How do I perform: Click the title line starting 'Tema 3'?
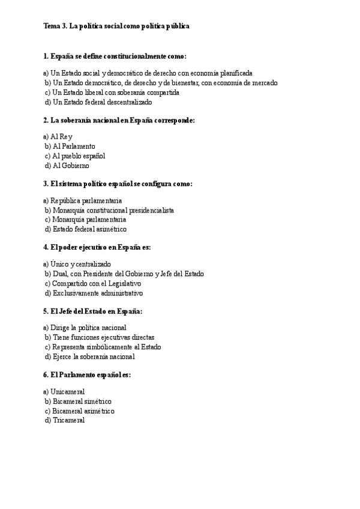[x=116, y=26]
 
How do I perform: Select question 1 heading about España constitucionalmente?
[x=115, y=56]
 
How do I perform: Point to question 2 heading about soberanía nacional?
[x=119, y=120]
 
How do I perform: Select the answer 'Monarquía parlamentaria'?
[x=89, y=220]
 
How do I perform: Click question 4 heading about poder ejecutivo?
[x=97, y=247]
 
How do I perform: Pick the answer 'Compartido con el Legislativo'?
[x=97, y=283]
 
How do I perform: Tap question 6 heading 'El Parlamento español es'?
[x=87, y=375]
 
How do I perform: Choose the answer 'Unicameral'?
[x=64, y=391]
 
